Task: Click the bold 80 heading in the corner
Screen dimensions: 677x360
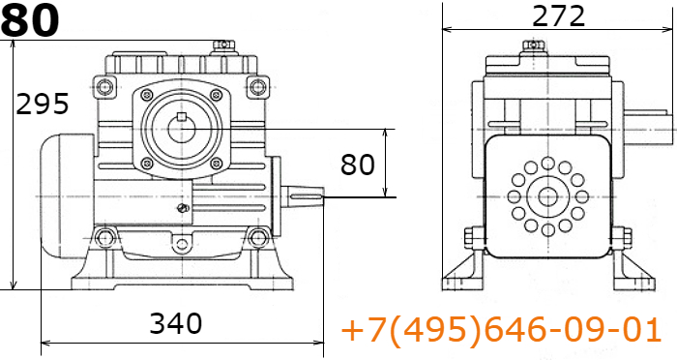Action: click(x=30, y=20)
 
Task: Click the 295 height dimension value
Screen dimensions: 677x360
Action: click(x=42, y=104)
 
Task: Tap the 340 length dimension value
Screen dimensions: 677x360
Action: click(x=175, y=323)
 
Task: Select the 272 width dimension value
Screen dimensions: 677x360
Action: click(x=558, y=16)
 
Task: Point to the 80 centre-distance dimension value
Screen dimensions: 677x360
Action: click(x=358, y=165)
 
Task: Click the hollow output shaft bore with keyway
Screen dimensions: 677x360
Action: click(x=182, y=129)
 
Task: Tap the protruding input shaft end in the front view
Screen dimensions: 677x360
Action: click(x=302, y=196)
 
